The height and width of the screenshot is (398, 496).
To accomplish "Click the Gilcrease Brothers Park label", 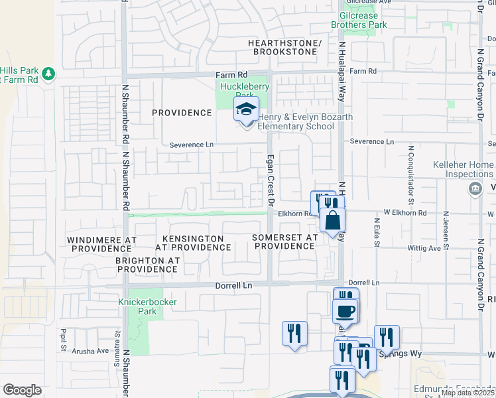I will (x=359, y=20).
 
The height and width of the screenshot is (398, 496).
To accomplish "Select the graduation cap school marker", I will (x=246, y=110).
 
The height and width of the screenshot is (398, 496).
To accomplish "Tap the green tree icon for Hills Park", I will (x=48, y=74).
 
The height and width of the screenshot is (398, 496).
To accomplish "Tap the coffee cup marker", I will (x=345, y=310).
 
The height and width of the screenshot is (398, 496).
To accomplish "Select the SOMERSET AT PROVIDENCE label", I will (x=284, y=241).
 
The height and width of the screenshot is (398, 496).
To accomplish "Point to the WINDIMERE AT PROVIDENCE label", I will (x=101, y=243).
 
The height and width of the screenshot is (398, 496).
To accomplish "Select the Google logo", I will (x=22, y=390).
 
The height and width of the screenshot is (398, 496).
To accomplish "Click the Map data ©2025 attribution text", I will (x=467, y=393).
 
